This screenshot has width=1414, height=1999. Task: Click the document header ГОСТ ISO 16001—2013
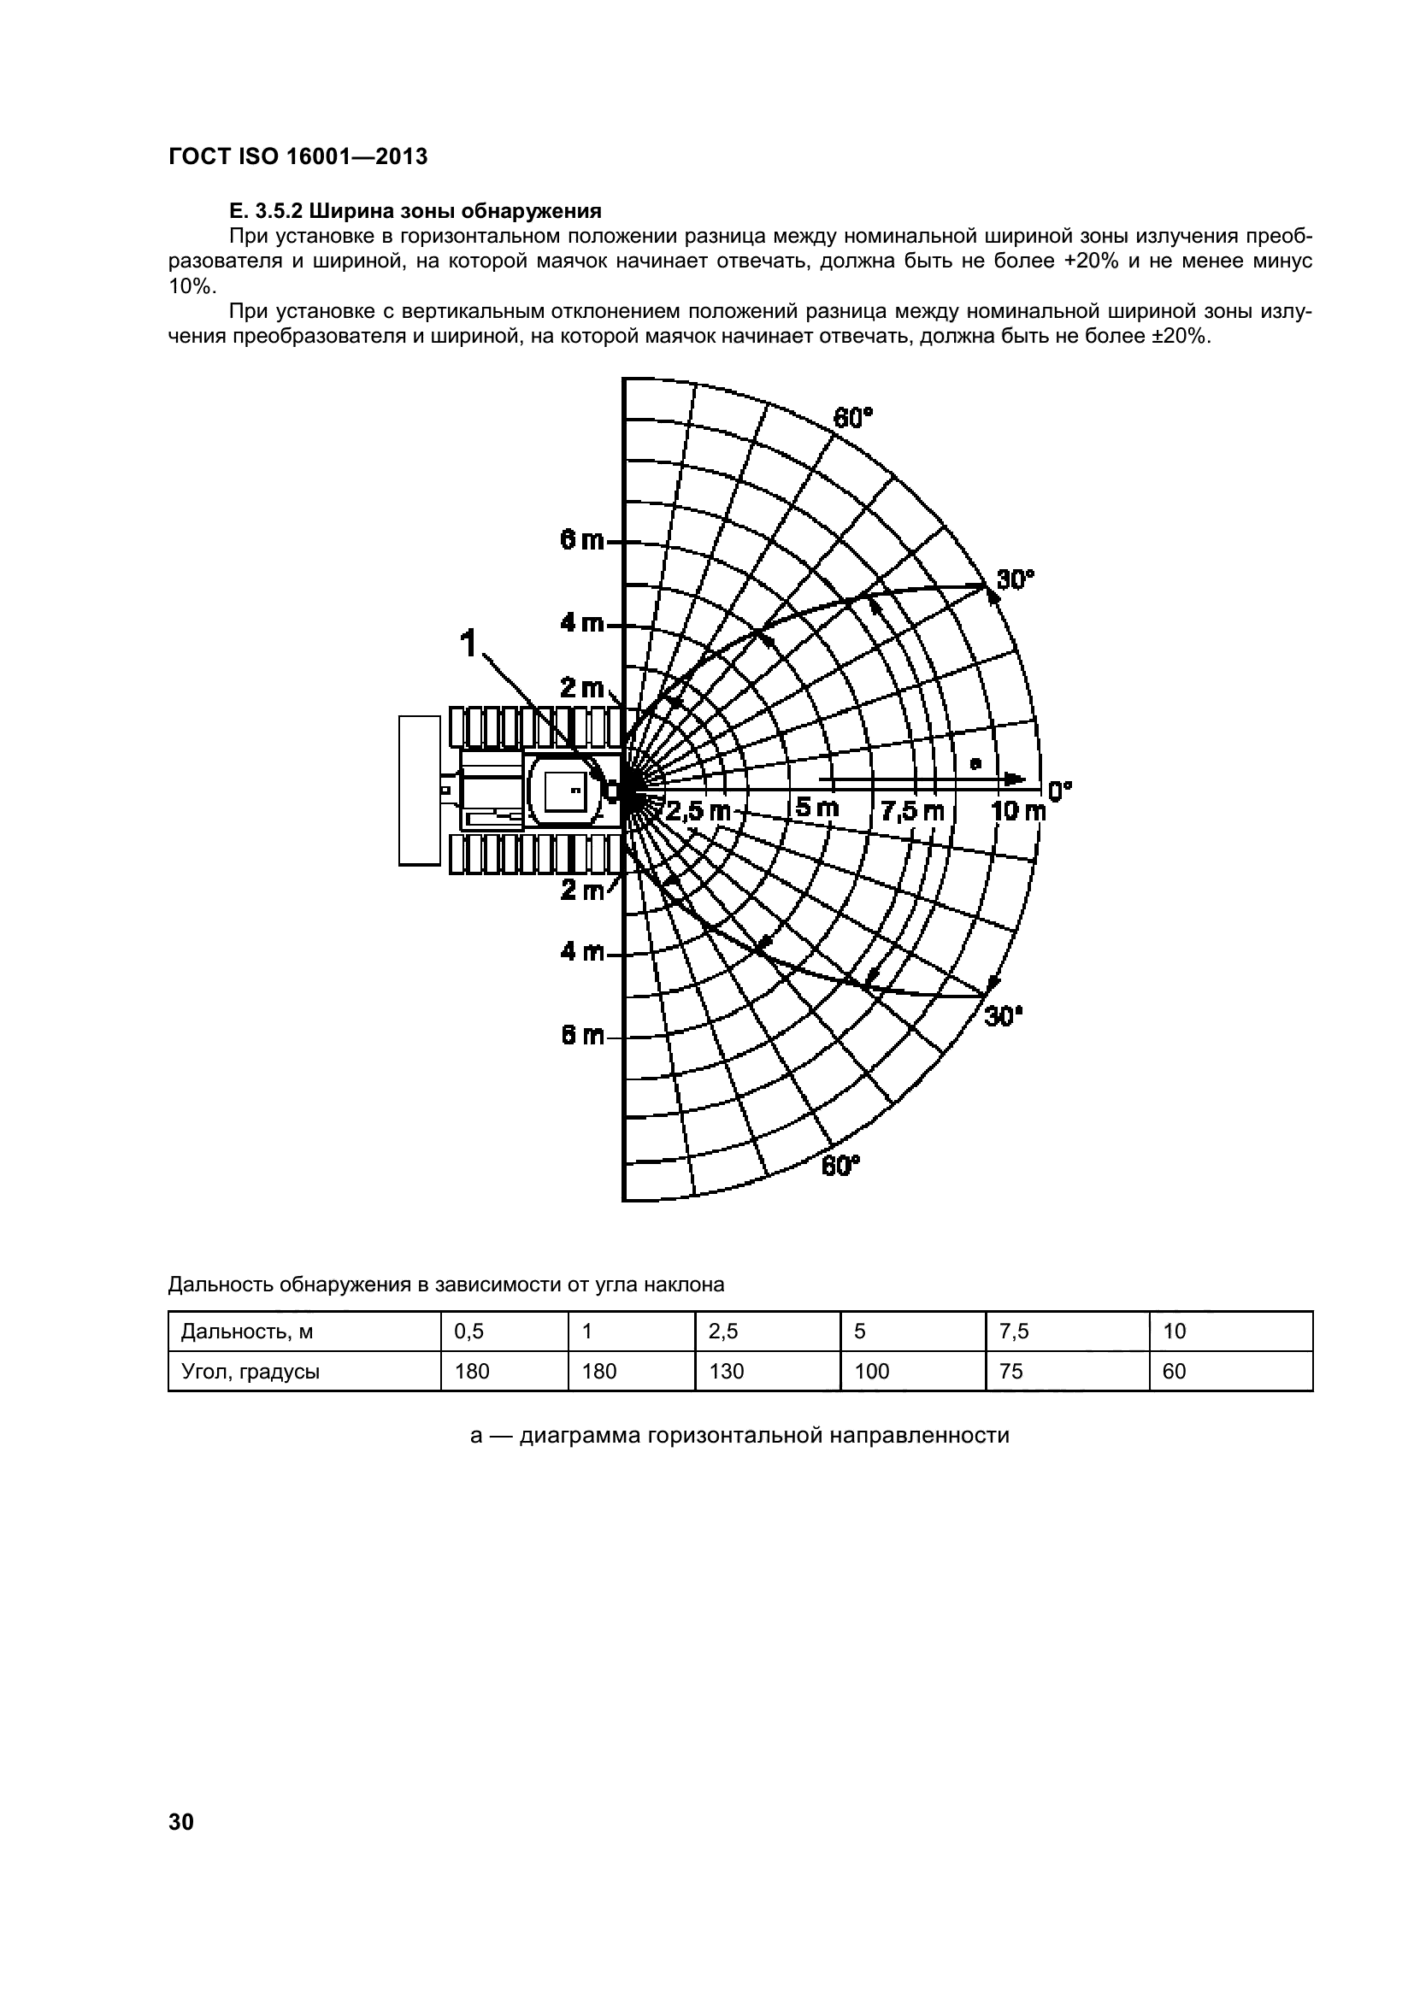tap(298, 156)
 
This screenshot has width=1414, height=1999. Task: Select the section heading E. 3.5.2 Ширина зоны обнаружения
tap(415, 211)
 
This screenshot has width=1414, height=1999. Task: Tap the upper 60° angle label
tap(852, 419)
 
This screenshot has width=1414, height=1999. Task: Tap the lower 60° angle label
tap(840, 1165)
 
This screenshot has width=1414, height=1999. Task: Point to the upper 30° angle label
tap(1015, 579)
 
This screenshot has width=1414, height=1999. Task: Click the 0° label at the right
tap(1059, 791)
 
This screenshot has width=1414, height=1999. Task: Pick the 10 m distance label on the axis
tap(1018, 811)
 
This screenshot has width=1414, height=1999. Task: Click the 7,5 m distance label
tap(911, 811)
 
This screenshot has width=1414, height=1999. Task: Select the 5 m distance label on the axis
tap(816, 808)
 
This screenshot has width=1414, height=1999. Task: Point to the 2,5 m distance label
tap(698, 811)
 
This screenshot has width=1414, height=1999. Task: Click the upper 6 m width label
tap(581, 541)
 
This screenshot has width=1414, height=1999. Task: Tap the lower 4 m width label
tap(581, 951)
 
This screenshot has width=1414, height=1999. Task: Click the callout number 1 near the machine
tap(468, 644)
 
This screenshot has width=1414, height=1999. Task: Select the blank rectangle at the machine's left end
tap(419, 791)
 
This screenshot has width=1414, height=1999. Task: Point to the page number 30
tap(181, 1822)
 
